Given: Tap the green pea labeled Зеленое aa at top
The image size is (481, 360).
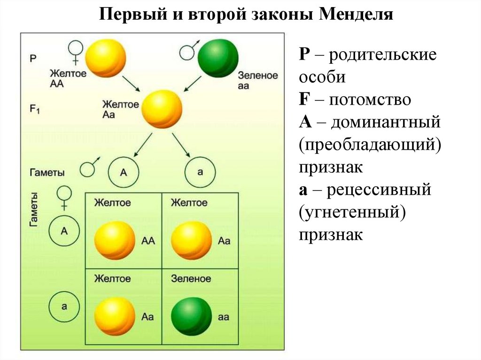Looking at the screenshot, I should (217, 58).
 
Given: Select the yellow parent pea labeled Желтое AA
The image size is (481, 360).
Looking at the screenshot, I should (106, 57).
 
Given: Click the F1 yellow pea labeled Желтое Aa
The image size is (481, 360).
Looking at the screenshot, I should (161, 108).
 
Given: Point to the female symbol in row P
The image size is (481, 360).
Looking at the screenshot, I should (75, 52).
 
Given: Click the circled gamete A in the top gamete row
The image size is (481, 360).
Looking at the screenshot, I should (124, 172).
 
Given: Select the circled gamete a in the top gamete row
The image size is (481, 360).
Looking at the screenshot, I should (200, 172).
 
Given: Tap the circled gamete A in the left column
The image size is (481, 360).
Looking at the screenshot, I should (64, 230).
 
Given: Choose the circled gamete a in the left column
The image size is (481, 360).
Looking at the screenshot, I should (64, 305).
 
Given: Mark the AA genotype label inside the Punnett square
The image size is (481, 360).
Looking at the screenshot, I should (148, 241).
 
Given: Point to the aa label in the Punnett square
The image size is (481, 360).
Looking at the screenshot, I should (224, 317).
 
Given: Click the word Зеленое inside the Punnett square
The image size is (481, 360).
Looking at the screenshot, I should (191, 279).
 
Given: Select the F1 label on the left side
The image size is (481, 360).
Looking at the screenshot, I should (35, 109).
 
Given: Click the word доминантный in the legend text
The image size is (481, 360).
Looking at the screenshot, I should (385, 123).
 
